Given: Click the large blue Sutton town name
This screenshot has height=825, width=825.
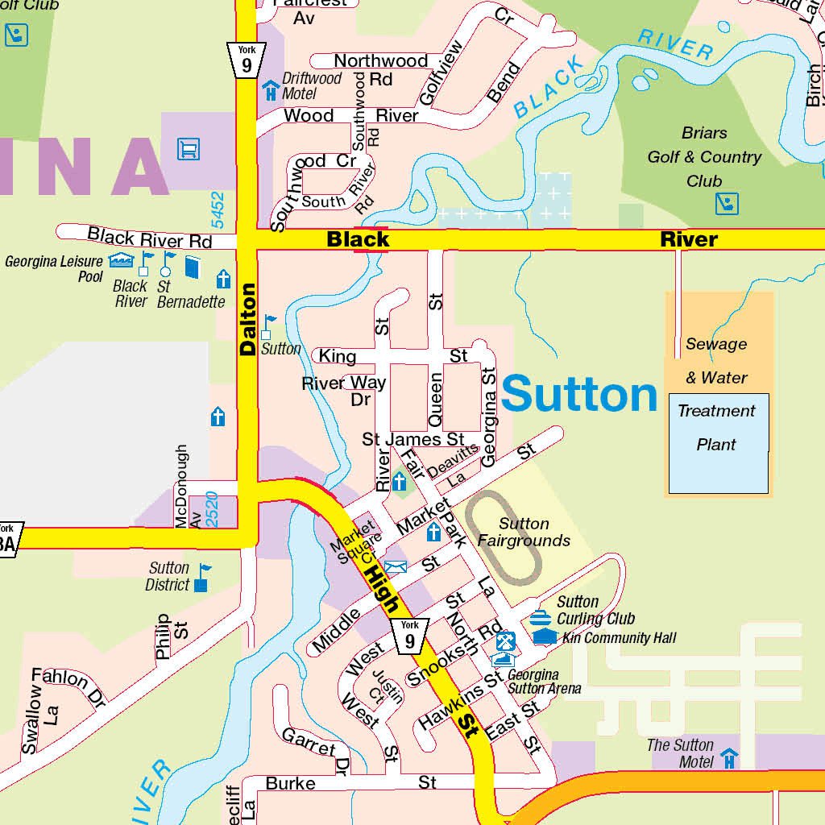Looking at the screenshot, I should (x=579, y=395).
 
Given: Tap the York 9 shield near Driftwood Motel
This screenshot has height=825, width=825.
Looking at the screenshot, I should (x=246, y=60).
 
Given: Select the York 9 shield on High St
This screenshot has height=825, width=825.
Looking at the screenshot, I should (x=410, y=636).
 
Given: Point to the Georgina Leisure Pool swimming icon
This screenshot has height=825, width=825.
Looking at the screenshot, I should (x=121, y=259).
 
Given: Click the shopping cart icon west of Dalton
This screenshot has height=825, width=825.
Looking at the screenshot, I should (x=189, y=149).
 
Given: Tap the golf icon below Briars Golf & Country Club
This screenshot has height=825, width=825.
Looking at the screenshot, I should (x=727, y=203).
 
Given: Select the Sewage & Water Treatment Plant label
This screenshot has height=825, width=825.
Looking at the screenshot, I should (x=716, y=394).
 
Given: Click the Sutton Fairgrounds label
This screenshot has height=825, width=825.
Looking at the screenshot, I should (x=524, y=533).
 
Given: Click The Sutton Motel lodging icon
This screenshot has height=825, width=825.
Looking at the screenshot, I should (x=730, y=758).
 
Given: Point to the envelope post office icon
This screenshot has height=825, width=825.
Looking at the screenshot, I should (x=396, y=567).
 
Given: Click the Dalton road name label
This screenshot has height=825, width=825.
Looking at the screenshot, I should (x=247, y=320).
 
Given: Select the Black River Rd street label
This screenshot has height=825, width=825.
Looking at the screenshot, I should (x=149, y=238).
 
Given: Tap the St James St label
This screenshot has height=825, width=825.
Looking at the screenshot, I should (x=412, y=439).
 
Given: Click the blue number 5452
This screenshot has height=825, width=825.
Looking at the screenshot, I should (x=218, y=210).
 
